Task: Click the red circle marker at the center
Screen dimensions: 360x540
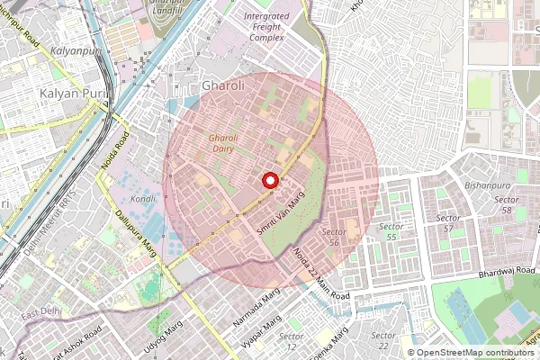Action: point(269,181)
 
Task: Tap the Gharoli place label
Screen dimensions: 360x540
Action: point(223,86)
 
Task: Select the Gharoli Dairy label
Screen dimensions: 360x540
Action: point(223,144)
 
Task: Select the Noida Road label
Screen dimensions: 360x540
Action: point(121,147)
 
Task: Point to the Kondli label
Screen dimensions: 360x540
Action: point(143,198)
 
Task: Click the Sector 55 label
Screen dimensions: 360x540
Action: point(390,231)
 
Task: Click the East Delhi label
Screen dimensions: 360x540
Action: point(42,312)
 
